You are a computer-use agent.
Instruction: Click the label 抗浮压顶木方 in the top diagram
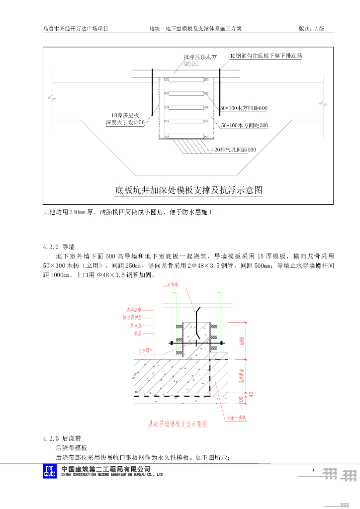click(200, 57)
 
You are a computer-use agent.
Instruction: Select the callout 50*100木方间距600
click(244, 108)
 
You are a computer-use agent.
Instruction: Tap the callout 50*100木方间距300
click(244, 125)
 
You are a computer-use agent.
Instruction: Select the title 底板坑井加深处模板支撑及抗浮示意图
click(188, 190)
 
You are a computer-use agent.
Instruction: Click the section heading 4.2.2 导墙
click(59, 246)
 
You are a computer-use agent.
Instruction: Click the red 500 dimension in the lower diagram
click(242, 340)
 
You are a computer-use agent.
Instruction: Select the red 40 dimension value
click(251, 394)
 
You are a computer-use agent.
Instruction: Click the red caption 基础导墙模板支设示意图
click(178, 424)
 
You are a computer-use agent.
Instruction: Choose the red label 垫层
click(138, 334)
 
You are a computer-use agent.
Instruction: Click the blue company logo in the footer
click(50, 471)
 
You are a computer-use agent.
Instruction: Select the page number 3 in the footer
click(313, 470)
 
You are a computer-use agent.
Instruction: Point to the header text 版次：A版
click(311, 29)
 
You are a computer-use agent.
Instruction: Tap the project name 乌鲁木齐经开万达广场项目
click(76, 29)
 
